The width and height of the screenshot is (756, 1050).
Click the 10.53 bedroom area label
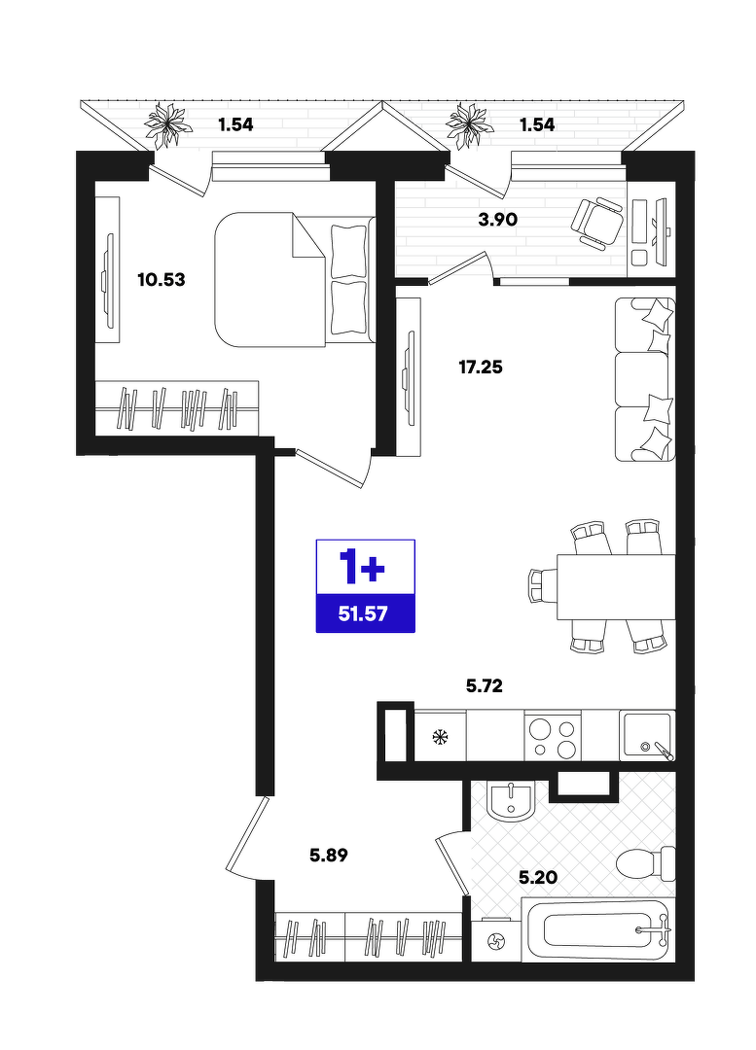click(x=161, y=279)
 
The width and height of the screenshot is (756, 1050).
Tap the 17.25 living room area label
click(x=481, y=367)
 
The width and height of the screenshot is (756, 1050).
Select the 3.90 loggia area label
click(x=498, y=219)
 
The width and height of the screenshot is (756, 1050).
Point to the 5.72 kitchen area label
click(x=484, y=685)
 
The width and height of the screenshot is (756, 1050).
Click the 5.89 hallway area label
click(x=329, y=855)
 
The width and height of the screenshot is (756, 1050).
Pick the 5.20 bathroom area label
click(x=538, y=877)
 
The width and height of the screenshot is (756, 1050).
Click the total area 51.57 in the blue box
click(x=363, y=613)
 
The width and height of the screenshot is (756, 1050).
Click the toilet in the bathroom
click(x=646, y=864)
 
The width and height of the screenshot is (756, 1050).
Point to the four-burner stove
click(x=553, y=735)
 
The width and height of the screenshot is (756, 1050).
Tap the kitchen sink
click(x=647, y=735)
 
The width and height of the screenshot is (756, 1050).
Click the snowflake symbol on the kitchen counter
click(x=441, y=737)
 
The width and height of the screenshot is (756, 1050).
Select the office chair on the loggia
click(x=598, y=223)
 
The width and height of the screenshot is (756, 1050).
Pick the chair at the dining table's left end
click(x=543, y=586)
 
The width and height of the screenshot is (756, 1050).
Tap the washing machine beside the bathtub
click(x=496, y=942)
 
